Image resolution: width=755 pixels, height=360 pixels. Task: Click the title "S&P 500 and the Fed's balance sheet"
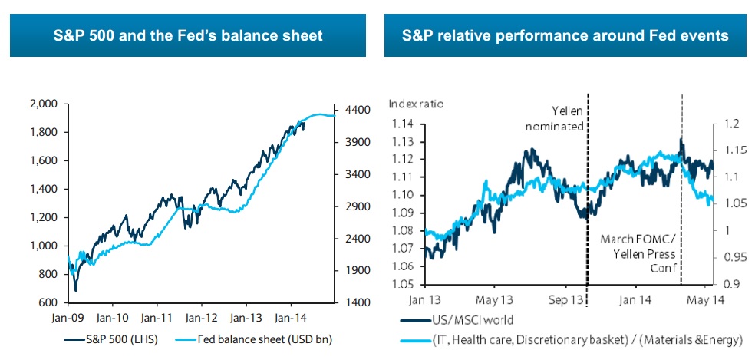click(x=187, y=35)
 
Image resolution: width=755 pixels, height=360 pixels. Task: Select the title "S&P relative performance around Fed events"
click(x=566, y=35)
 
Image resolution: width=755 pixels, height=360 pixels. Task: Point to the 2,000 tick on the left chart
click(x=44, y=104)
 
